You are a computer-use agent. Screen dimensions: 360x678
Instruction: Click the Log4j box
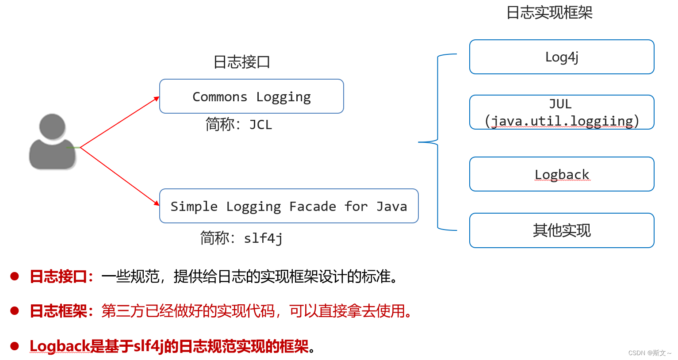click(561, 57)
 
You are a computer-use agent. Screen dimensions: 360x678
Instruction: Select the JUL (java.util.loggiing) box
click(561, 112)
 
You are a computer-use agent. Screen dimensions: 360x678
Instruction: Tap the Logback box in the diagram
click(561, 174)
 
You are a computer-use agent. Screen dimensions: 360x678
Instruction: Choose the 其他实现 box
click(561, 230)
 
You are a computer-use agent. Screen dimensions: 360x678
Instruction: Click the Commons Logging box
click(251, 96)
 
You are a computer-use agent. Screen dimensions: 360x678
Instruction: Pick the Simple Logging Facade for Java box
click(288, 206)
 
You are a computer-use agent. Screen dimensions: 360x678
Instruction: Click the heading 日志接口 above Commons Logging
click(241, 62)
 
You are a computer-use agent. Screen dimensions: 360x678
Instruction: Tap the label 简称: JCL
click(238, 125)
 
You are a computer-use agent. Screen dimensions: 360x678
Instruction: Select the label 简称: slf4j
click(241, 238)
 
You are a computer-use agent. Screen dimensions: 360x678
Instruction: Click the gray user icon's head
click(52, 126)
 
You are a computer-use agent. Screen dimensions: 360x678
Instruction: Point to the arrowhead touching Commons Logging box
click(157, 99)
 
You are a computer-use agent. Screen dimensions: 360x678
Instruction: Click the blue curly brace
click(437, 142)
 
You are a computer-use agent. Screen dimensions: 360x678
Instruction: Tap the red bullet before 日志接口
click(15, 276)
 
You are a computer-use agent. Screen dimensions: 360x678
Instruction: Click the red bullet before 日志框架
click(15, 311)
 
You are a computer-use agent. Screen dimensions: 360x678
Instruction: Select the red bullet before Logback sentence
click(15, 346)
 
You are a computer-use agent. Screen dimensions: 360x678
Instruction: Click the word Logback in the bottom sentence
click(60, 346)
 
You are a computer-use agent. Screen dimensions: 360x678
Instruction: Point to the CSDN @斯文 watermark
click(649, 353)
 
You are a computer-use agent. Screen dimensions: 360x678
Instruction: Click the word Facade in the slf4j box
click(312, 207)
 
